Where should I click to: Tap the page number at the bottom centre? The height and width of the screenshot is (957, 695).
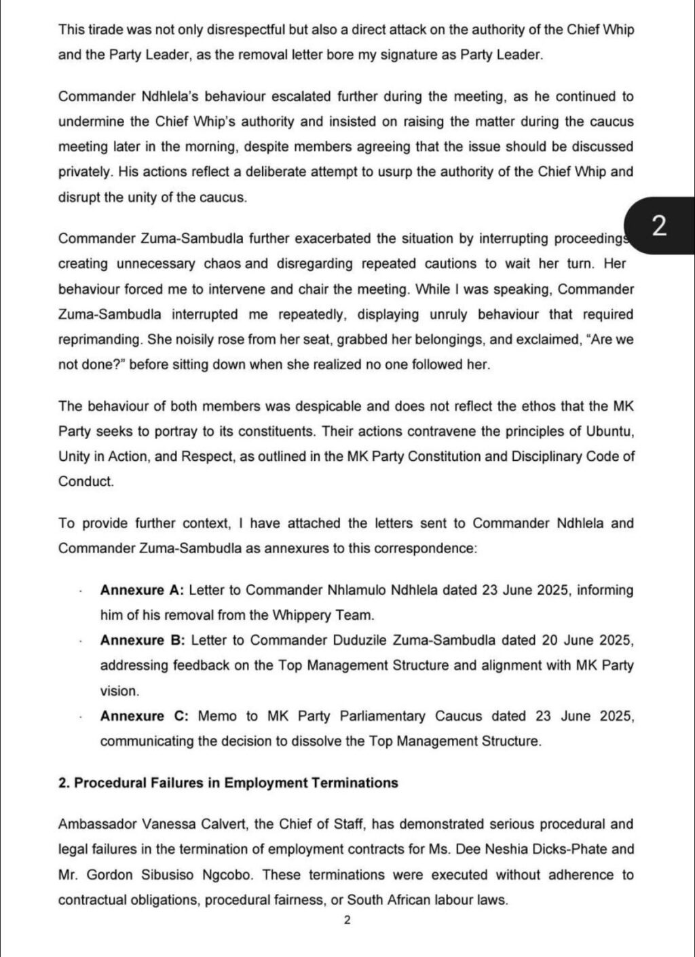(347, 920)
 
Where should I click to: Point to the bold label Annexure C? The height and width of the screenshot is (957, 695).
(143, 716)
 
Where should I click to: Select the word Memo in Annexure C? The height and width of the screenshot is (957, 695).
(216, 716)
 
